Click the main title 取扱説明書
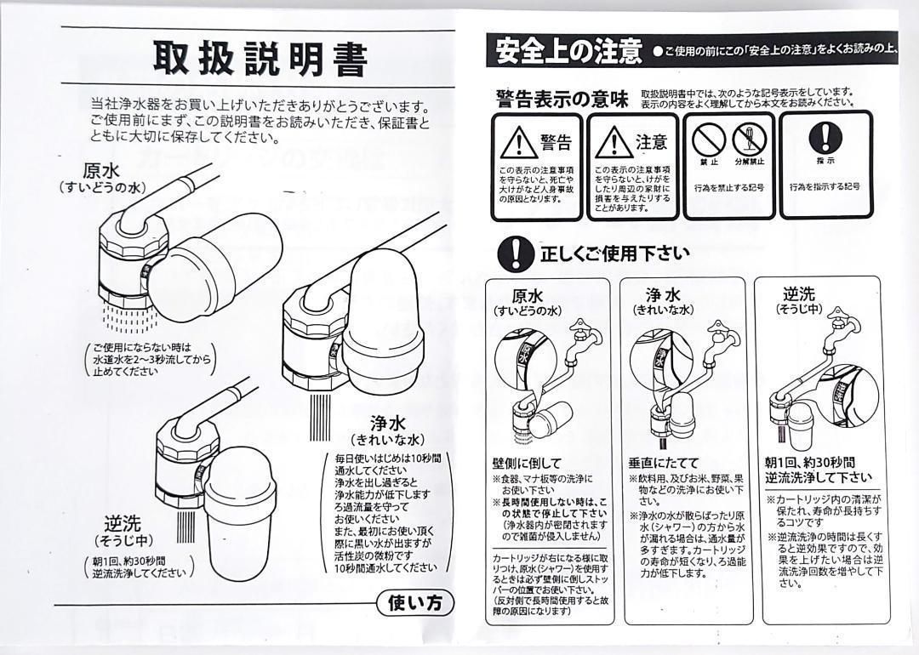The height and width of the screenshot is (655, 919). [x=260, y=59]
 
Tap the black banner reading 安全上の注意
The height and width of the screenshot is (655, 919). [x=568, y=51]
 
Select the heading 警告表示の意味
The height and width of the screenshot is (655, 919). [x=562, y=99]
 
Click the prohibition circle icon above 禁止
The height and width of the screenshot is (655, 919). [x=704, y=136]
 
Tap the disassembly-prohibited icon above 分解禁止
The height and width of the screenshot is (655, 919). [x=749, y=136]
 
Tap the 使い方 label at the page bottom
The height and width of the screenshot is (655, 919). [x=415, y=603]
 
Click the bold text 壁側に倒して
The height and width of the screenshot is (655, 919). [x=527, y=463]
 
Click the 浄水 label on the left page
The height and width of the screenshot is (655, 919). [x=387, y=423]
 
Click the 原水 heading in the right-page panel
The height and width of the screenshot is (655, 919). [x=528, y=296]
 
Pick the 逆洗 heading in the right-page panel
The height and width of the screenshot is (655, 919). [x=798, y=294]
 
